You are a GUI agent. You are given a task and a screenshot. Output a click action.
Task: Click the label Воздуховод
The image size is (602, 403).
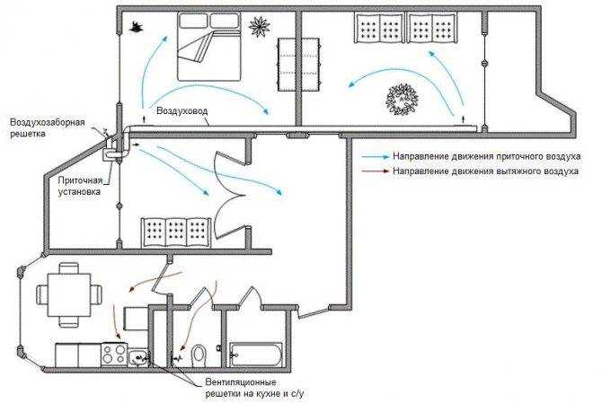pos(182,110)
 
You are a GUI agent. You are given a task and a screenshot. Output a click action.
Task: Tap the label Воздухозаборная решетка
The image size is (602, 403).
pos(48,128)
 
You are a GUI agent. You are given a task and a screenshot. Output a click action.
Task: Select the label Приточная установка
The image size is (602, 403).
pos(80,186)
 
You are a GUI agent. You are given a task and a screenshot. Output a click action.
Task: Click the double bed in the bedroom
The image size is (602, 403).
pos(209,47)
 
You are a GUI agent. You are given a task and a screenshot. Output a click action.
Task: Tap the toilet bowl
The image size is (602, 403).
pos(199,354)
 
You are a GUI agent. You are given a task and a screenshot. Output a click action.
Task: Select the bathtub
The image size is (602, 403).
pos(256,354)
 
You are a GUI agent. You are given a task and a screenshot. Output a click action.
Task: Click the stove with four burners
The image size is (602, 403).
pos(114,355)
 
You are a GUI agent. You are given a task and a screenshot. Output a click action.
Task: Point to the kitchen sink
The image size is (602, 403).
pos(137,358)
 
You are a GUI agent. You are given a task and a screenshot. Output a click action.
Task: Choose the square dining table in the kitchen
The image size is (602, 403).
pos(69,294)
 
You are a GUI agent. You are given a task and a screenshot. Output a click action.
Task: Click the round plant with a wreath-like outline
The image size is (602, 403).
pos(402,100)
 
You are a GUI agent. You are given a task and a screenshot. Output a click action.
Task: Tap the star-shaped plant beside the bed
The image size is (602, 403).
pos(260,26)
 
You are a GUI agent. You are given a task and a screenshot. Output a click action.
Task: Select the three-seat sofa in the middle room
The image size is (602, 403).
pos(176,232)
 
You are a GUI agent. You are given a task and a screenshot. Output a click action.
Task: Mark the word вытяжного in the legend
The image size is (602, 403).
pos(516,171)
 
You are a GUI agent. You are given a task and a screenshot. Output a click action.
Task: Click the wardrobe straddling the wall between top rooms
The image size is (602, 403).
pos(298,65)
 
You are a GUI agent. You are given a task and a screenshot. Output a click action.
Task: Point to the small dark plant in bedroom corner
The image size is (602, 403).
pos(135,27)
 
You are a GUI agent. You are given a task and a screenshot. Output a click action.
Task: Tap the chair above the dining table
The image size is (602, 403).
pos(69,267)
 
